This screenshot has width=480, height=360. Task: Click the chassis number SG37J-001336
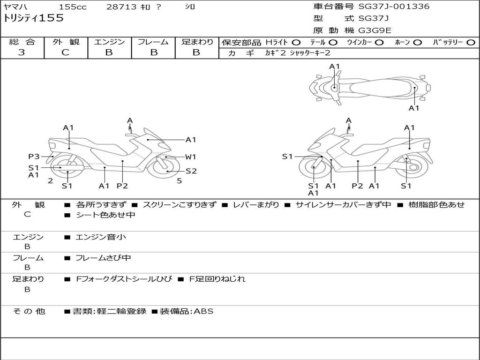[x=394, y=7]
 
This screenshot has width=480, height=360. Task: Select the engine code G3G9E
[x=375, y=30]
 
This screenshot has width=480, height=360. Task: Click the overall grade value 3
[x=22, y=52]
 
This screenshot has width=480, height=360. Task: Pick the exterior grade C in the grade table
[x=66, y=52]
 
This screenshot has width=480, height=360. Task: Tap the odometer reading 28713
[x=121, y=7]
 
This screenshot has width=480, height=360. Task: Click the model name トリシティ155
[x=33, y=18]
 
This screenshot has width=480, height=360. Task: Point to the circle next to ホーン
[x=417, y=43]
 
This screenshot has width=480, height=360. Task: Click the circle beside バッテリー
[x=471, y=43]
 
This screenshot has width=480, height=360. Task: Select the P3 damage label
[x=34, y=157]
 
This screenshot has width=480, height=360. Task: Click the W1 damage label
[x=190, y=157]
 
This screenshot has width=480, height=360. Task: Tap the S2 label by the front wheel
[x=191, y=171]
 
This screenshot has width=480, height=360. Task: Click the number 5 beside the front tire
[x=180, y=181]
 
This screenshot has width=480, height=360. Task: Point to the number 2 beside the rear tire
[x=51, y=181]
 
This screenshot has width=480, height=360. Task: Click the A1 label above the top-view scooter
[x=335, y=67]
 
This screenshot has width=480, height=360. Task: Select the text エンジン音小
[x=101, y=237]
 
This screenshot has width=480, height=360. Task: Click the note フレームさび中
[x=103, y=258]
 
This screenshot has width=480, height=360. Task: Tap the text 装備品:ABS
[x=187, y=311]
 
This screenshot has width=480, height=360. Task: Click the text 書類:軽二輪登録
[x=110, y=311]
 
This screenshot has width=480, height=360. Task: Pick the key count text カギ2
[x=276, y=53]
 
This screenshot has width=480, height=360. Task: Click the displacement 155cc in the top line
[x=73, y=7]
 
